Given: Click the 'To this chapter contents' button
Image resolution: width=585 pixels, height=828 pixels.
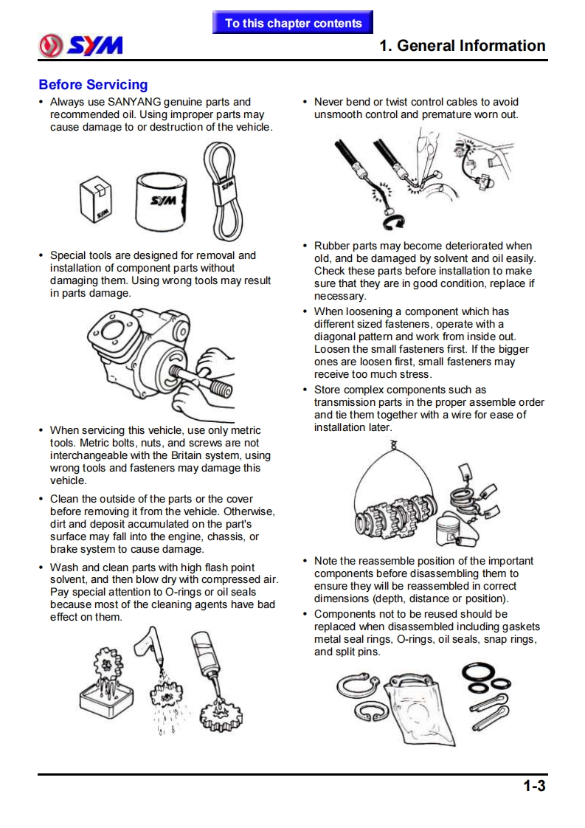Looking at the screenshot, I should [293, 23].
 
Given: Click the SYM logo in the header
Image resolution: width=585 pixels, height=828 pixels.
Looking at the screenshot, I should [81, 46].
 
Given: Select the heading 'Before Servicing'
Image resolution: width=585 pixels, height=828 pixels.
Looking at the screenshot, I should [93, 85].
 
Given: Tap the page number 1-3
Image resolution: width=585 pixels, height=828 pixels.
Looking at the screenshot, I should [534, 786].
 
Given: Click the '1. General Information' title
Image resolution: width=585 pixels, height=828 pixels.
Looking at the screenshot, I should [462, 46].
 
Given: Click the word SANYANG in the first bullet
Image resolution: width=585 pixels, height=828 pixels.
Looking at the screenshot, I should [135, 102].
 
